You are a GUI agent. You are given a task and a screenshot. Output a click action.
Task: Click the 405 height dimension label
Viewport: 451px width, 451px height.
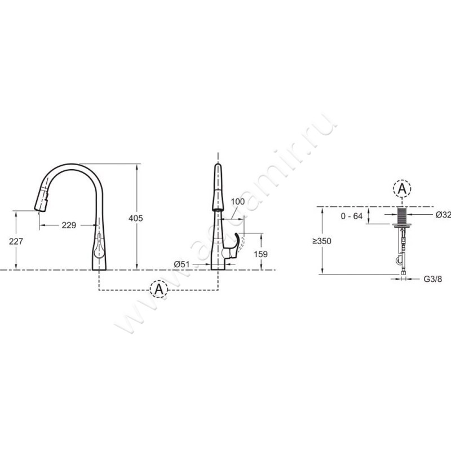click(x=135, y=218)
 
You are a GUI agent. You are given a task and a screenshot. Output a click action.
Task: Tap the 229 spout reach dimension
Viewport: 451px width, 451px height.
click(x=69, y=225)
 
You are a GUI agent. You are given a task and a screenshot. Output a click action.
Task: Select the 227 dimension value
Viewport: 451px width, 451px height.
click(x=16, y=241)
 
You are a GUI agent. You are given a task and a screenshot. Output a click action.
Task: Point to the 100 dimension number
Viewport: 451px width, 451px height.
click(x=237, y=201)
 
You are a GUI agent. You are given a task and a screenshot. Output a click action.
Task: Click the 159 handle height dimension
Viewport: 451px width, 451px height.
click(x=261, y=254)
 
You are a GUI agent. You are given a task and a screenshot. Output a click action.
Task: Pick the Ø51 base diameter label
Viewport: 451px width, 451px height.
click(x=182, y=264)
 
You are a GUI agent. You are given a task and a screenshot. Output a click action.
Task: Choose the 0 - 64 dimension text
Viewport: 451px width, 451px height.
click(x=351, y=216)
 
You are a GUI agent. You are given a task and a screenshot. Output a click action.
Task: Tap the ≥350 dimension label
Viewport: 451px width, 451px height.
click(x=322, y=241)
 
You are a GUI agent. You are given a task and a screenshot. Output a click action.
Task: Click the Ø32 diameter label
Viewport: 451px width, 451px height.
click(x=443, y=215)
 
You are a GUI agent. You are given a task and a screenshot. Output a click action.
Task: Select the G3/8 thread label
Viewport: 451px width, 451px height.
click(x=432, y=278)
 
